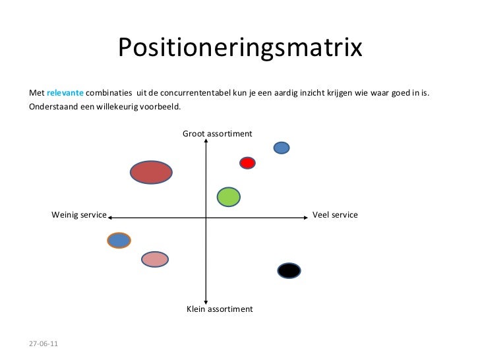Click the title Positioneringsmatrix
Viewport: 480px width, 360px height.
click(240, 47)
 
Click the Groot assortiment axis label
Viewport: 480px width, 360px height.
click(217, 134)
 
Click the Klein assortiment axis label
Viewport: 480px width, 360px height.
click(220, 309)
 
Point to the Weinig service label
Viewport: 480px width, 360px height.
click(79, 215)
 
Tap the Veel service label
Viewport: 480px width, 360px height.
click(335, 215)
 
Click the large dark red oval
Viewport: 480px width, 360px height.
click(151, 172)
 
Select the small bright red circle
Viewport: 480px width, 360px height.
click(247, 163)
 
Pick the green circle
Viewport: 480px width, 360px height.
click(228, 196)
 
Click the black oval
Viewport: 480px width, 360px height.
click(289, 270)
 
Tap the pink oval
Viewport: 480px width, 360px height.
click(155, 259)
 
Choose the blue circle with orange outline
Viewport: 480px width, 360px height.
click(119, 241)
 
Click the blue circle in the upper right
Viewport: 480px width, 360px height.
click(282, 148)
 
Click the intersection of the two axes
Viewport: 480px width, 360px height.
click(206, 216)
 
